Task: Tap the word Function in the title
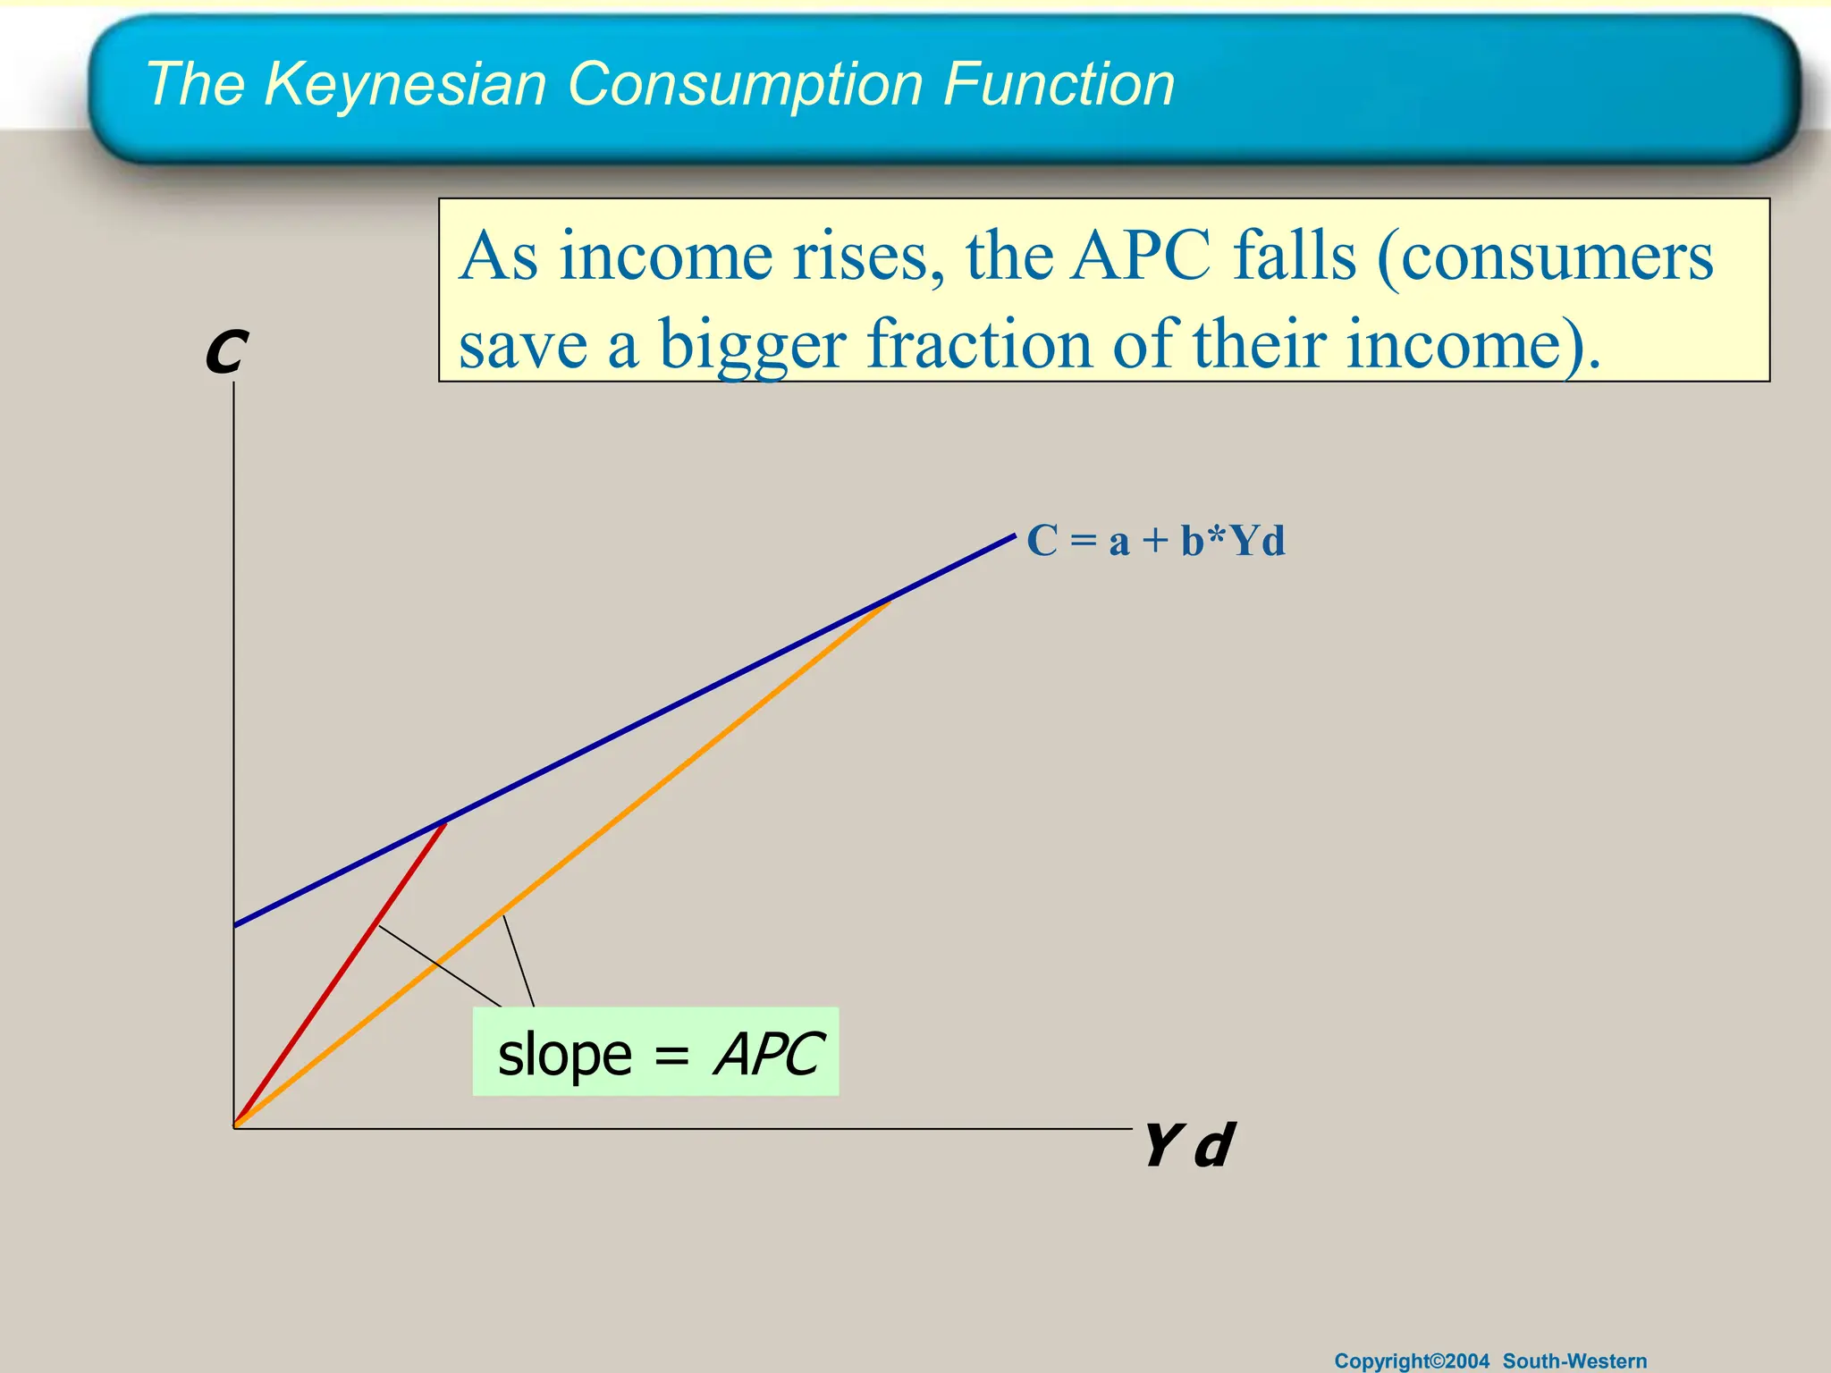click(1059, 85)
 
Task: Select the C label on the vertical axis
click(225, 352)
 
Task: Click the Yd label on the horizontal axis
click(1188, 1146)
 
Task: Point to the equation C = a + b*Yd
click(1155, 541)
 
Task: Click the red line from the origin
click(340, 973)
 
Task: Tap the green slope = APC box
click(655, 1051)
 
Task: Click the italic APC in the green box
click(768, 1054)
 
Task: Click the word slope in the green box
click(564, 1055)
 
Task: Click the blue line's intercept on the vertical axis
click(234, 925)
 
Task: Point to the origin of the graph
click(234, 1127)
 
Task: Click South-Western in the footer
click(1574, 1360)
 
